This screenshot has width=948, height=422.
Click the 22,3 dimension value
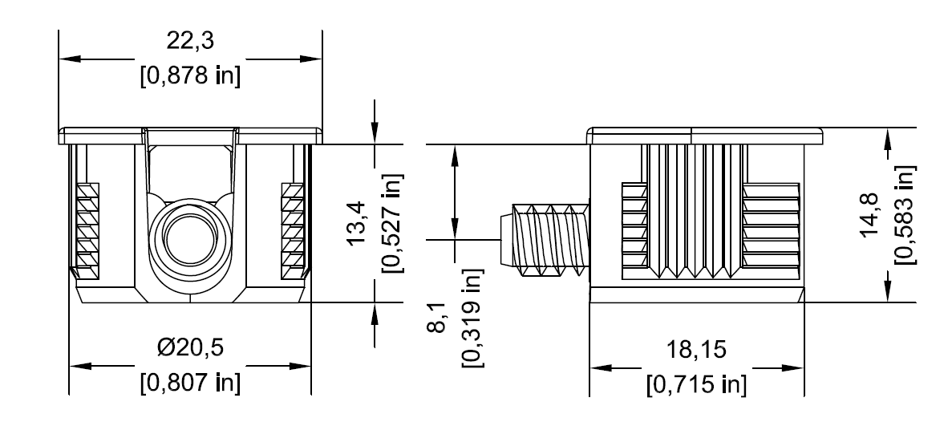[x=190, y=40]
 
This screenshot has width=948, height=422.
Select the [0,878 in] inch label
[x=190, y=77]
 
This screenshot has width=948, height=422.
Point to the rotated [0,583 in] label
[x=905, y=215]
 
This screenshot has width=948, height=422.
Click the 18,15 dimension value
[x=696, y=350]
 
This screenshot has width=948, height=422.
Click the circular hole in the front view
[x=190, y=237]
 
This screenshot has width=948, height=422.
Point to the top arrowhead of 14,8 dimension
[x=887, y=138]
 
